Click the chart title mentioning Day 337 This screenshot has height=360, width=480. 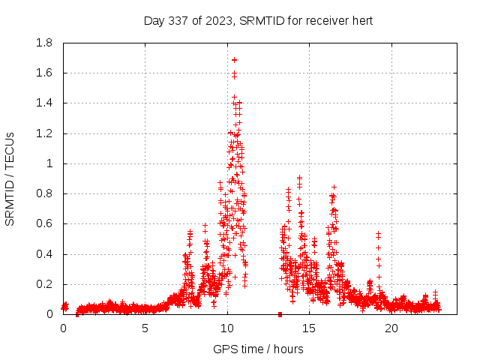tap(258, 21)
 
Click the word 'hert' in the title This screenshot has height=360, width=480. tap(361, 21)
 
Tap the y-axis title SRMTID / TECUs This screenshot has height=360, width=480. tap(10, 178)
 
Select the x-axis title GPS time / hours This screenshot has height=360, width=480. tap(258, 349)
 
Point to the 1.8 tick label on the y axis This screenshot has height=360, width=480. tap(44, 43)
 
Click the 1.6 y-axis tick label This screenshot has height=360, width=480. tap(44, 73)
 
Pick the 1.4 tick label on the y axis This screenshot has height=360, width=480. tap(44, 103)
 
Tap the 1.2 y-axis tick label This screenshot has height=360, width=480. tap(44, 133)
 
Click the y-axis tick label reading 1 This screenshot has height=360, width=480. tap(51, 163)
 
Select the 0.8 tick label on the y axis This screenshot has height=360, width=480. tap(44, 193)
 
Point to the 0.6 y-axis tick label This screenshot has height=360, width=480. tap(44, 223)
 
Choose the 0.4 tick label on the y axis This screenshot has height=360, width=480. tap(44, 254)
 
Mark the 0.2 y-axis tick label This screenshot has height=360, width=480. tap(44, 284)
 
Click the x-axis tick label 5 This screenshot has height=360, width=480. tap(145, 328)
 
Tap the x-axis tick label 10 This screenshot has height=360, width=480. tap(227, 328)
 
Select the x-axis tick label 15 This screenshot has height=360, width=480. tap(310, 328)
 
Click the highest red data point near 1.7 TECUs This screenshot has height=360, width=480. tap(234, 59)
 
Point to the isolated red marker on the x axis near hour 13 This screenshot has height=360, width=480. tap(280, 313)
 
